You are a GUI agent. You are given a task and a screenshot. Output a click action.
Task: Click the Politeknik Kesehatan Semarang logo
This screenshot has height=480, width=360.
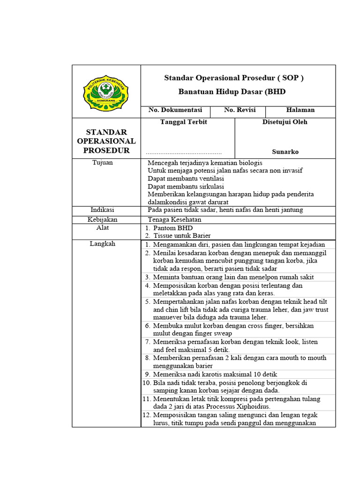[106, 91]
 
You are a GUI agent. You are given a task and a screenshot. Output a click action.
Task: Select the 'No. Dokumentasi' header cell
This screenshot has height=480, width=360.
[175, 110]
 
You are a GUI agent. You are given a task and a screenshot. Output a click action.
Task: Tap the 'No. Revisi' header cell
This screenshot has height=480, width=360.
[240, 110]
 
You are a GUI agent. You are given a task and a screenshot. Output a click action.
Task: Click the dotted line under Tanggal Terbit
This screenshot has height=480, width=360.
[183, 153]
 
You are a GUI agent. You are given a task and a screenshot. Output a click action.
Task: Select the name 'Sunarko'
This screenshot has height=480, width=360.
[285, 152]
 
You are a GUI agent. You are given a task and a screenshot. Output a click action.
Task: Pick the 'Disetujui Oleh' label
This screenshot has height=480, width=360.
[285, 122]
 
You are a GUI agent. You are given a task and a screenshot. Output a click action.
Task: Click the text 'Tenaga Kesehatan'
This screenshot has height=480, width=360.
[174, 219]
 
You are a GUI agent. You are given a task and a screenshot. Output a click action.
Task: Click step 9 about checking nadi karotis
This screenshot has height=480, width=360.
[215, 374]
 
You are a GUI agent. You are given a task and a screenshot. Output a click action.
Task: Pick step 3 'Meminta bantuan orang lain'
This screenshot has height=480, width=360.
[233, 277]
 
